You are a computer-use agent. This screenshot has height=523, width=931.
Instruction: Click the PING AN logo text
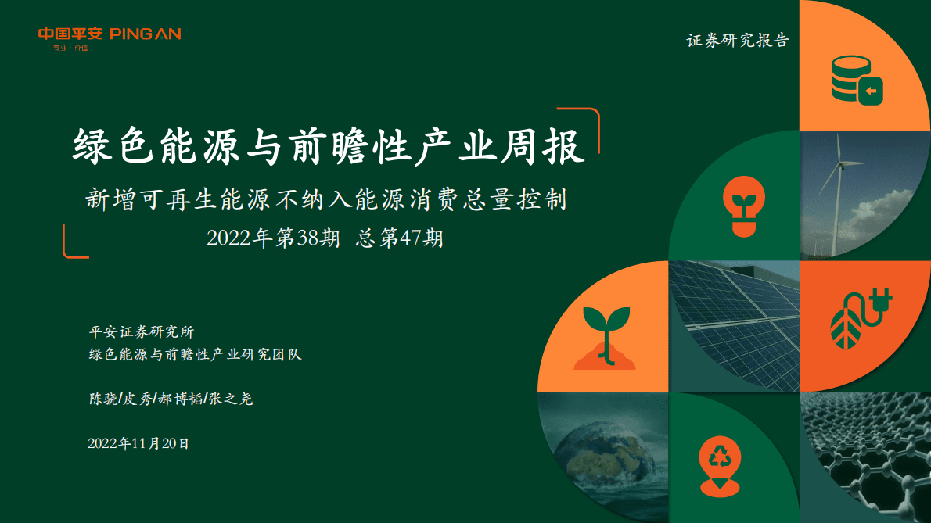pos(146,34)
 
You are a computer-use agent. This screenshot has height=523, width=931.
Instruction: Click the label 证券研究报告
pos(738,41)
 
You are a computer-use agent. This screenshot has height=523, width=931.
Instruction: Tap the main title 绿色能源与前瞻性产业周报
pos(329,147)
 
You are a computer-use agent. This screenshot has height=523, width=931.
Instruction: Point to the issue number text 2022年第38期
pos(273,238)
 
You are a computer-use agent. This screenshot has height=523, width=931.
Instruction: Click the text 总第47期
pos(399,238)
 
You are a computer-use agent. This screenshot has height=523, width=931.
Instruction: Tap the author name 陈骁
pos(101,399)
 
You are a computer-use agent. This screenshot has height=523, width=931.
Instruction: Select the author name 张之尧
pos(231,399)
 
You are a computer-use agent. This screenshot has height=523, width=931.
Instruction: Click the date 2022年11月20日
pos(138,443)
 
